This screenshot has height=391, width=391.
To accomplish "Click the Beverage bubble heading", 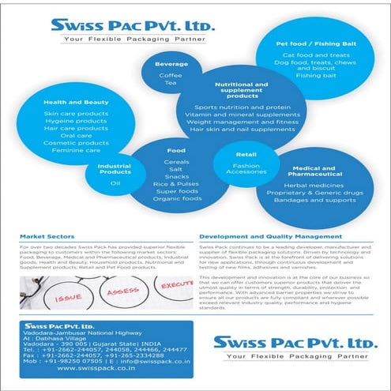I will [171, 63].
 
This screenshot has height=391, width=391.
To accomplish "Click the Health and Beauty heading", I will [65, 102].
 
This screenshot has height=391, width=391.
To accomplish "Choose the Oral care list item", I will [65, 134].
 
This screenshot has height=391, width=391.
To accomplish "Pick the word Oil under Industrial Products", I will [115, 182].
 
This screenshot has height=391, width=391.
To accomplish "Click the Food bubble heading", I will [176, 150].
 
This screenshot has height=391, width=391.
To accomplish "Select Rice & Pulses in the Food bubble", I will [176, 184].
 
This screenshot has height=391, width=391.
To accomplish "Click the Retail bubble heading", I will [246, 155].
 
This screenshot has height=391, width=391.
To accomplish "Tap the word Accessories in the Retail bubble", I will [246, 172].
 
